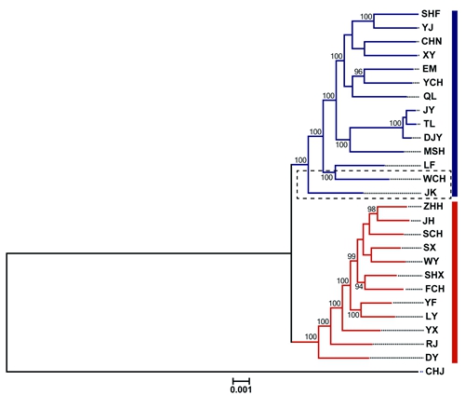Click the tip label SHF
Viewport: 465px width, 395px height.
(431, 14)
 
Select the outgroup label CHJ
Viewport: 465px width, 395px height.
(434, 371)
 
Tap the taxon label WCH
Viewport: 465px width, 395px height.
(434, 179)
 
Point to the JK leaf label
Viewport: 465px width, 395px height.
(431, 193)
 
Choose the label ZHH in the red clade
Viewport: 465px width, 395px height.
(433, 206)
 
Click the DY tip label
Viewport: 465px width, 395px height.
(432, 358)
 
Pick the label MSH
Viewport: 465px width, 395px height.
(434, 151)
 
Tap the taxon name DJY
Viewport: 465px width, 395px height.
(432, 137)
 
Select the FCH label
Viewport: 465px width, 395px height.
(434, 289)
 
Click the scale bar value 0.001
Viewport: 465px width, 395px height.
(241, 389)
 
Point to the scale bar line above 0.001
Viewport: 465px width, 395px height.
(241, 380)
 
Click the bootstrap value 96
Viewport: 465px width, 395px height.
(358, 72)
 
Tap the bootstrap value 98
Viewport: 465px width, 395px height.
(371, 210)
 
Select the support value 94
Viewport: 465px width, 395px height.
(359, 287)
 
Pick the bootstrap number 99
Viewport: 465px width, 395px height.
(352, 256)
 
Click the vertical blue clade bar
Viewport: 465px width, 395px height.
(455, 103)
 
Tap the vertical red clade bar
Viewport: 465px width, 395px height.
(455, 282)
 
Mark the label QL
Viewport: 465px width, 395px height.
(430, 96)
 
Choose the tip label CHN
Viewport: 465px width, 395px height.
(432, 41)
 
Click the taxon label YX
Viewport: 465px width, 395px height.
(432, 330)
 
